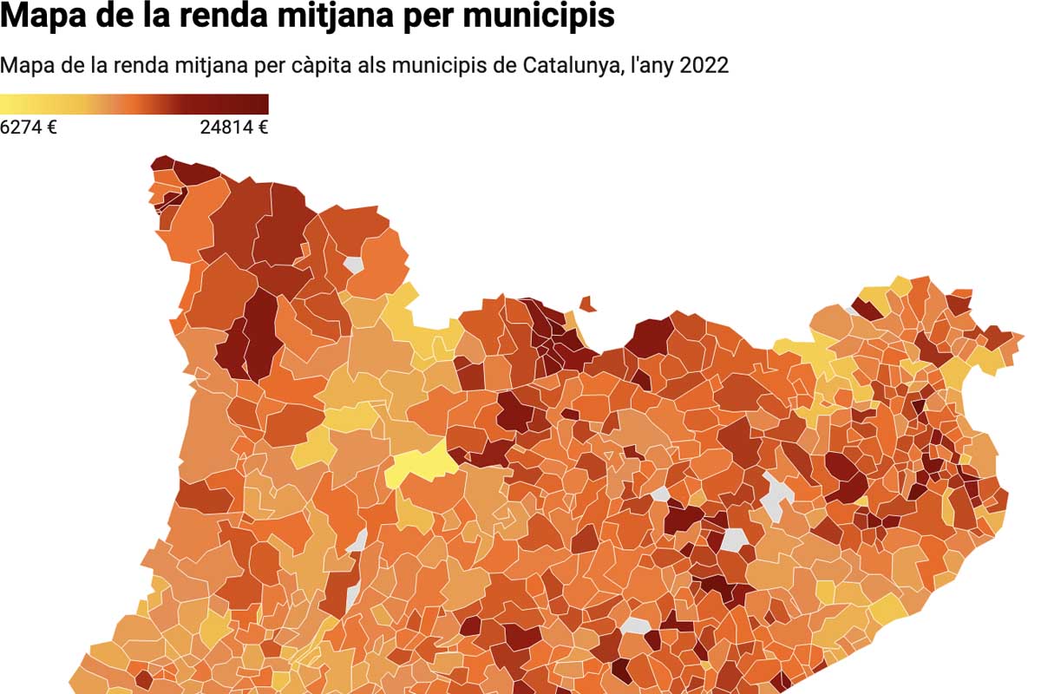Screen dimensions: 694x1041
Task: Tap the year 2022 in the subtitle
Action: [704, 66]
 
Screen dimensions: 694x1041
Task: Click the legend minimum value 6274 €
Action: [29, 128]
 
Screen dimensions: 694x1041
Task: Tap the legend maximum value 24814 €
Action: [233, 128]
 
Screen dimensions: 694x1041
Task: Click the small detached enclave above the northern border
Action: [587, 304]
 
